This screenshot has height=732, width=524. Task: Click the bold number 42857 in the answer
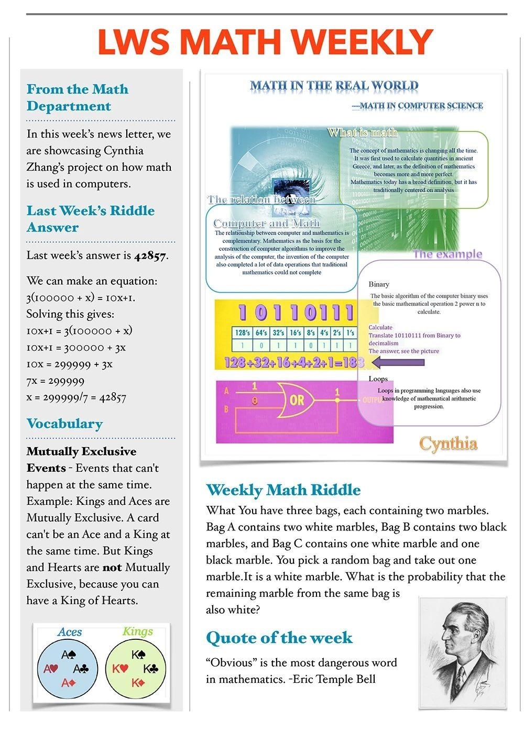(x=151, y=256)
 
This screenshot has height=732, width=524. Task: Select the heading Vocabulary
(x=64, y=424)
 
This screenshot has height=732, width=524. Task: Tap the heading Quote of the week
(x=279, y=638)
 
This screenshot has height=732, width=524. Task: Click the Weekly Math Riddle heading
(x=283, y=490)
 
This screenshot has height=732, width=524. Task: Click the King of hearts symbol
(x=120, y=669)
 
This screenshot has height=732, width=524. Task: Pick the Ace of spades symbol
(x=69, y=655)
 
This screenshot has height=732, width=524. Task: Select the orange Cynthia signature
(x=448, y=443)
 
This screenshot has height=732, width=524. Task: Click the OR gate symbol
(x=296, y=400)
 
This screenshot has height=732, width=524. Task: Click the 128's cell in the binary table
(x=243, y=332)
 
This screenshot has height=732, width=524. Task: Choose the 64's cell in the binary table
(x=261, y=332)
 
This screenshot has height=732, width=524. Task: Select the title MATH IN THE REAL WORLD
(x=334, y=85)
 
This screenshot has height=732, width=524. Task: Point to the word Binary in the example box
(x=379, y=284)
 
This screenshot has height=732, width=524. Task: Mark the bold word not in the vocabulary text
(x=112, y=568)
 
